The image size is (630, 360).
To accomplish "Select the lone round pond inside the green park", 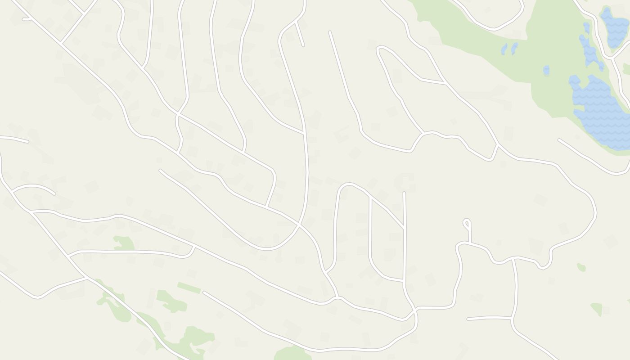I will (x=546, y=70).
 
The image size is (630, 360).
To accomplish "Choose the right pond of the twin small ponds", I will (x=514, y=47).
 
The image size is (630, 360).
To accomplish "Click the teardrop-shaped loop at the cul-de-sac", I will (x=467, y=223).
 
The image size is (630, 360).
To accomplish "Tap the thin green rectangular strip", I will (x=189, y=288).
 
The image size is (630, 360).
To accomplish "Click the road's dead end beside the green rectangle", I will (x=204, y=293).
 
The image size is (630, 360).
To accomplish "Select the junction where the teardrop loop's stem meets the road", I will (x=469, y=243).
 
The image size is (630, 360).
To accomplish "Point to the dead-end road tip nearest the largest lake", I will (x=559, y=140).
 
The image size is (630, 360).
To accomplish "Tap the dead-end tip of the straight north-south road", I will (x=404, y=193).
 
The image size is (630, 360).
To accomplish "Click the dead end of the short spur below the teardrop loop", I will (x=468, y=319).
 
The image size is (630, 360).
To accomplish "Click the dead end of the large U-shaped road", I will (x=161, y=171).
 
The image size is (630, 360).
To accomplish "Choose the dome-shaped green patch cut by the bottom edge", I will (x=292, y=354).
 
